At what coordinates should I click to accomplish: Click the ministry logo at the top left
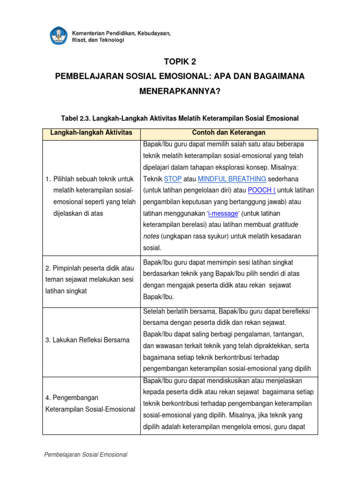(58, 36)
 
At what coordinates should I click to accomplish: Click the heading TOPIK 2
(180, 62)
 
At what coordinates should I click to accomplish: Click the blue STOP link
(172, 179)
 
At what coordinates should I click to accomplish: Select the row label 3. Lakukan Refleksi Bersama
(88, 340)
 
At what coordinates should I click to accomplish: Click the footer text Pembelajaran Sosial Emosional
(85, 455)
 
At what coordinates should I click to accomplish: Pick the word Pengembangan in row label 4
(72, 397)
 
